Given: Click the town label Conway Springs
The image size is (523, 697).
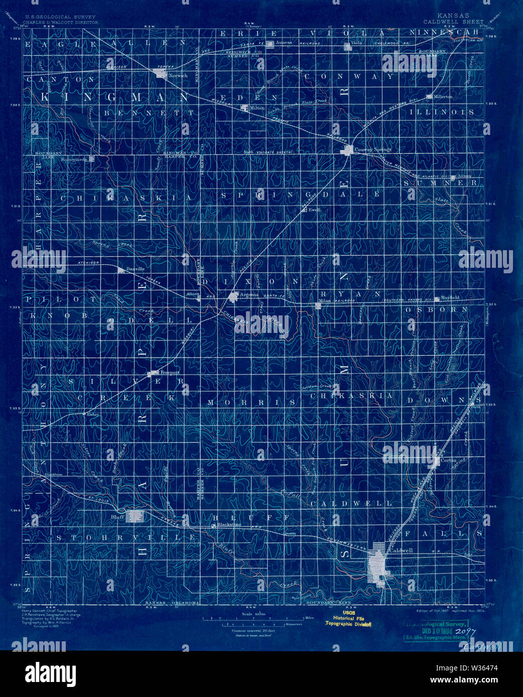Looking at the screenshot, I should coord(373,149).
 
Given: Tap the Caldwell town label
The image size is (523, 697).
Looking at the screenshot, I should coord(401,550).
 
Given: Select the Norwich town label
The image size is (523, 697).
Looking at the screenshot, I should coord(178,76).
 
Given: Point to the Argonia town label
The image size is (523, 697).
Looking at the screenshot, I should coord(250,294).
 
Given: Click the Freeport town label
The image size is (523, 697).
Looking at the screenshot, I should coord(170,373).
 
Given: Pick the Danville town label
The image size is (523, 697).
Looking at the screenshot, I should coord(136,269).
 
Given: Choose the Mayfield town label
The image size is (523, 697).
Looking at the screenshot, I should coord(450,297).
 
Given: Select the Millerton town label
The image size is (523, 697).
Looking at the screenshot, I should coord(443,96).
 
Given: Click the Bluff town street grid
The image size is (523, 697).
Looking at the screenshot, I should coord(135,516).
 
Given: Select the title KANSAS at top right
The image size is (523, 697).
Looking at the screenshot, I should coord(453,16).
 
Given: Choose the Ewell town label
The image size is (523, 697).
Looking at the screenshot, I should coord(314,210).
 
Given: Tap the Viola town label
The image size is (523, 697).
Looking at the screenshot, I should coord(356,44).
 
